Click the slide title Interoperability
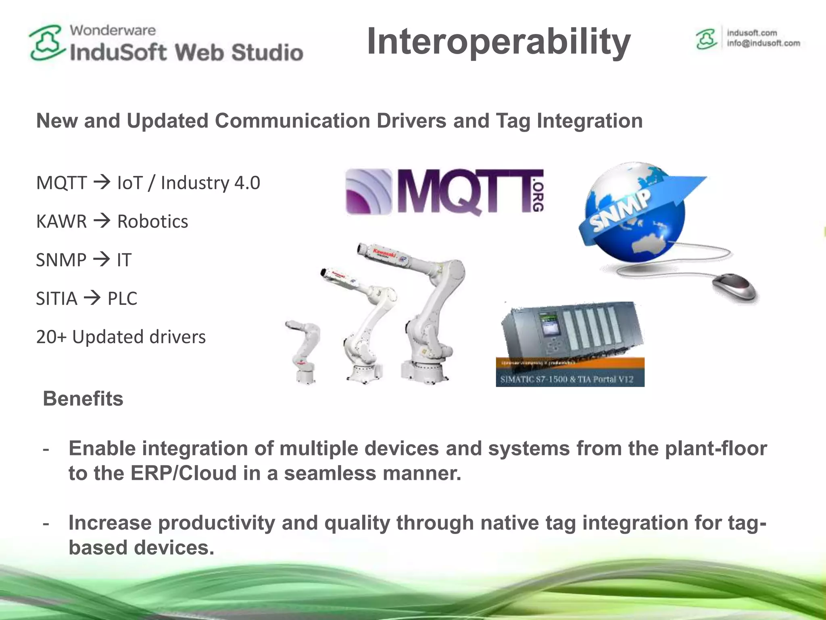tap(499, 42)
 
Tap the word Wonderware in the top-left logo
tap(113, 30)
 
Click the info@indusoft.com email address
tap(763, 44)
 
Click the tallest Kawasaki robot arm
tap(428, 311)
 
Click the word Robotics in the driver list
tap(152, 222)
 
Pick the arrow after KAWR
tap(102, 221)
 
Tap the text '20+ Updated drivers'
tap(121, 337)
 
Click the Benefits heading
tap(83, 399)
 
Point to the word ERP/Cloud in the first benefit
tap(184, 473)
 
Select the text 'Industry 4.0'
tap(210, 183)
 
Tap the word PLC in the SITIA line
tap(122, 299)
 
